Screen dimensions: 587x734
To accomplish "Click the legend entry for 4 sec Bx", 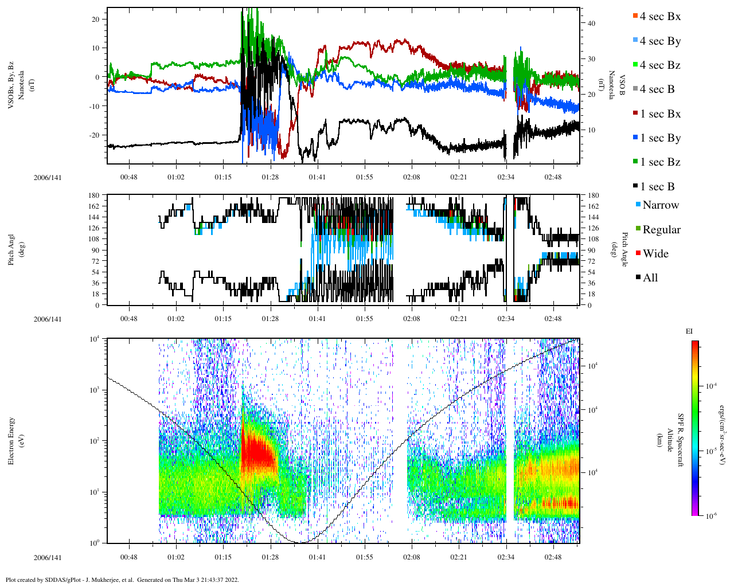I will point(659,17).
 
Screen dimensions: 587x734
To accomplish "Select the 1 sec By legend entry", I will point(659,138).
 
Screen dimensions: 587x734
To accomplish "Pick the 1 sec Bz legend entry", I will point(659,162).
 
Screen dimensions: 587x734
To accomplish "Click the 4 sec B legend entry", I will point(657,89).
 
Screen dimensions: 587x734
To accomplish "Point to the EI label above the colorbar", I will point(689,331).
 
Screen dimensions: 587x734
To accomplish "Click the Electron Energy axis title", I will point(11,441).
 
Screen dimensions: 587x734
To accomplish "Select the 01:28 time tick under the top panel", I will point(270,177).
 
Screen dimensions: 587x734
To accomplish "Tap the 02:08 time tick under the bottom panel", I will point(411,557).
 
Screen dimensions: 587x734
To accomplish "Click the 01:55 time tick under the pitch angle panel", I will point(364,319).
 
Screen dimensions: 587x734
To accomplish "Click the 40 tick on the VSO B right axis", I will point(591,24).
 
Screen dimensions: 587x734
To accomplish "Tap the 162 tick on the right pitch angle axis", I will point(593,206).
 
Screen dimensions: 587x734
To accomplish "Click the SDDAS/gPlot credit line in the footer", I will point(122,580).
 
